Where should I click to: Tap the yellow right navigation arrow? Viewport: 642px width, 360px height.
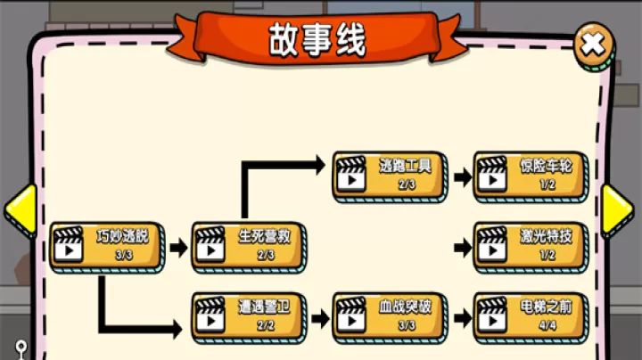pos(616,210)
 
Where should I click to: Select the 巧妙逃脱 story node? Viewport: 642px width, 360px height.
pos(107,246)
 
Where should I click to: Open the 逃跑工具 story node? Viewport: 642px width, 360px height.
pos(390,175)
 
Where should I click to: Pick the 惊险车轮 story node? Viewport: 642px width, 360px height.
pos(531,175)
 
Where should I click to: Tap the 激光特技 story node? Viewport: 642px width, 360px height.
pos(531,246)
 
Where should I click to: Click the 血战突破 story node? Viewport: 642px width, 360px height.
pos(390,316)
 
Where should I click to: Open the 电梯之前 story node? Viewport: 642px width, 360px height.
pos(531,316)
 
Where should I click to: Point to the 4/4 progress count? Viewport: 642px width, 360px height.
pos(547,326)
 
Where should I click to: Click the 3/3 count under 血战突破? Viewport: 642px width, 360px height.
pos(407,326)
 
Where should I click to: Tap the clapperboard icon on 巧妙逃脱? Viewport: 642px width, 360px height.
pos(68,245)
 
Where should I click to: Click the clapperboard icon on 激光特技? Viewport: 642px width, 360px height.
pos(492,245)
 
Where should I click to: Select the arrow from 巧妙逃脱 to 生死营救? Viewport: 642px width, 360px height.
pos(178,247)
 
